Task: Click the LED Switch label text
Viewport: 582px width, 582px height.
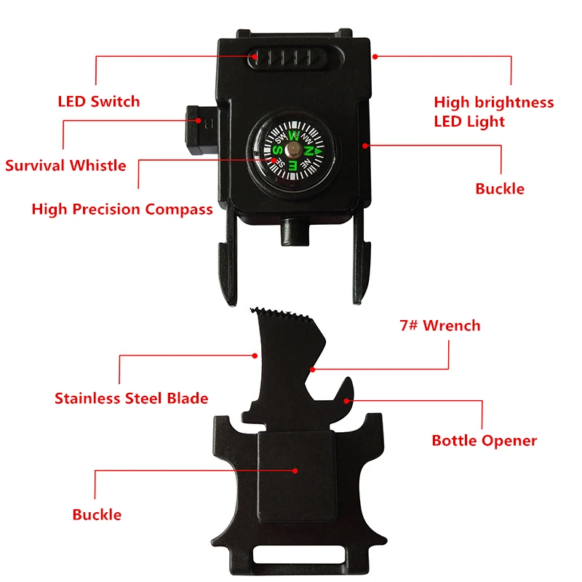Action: coord(98,101)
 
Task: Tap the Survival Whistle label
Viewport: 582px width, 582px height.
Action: coord(65,165)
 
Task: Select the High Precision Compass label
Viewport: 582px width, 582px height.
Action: coord(122,210)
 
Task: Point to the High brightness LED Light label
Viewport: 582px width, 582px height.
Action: coord(493,111)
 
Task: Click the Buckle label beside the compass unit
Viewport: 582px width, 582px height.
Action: coord(500,189)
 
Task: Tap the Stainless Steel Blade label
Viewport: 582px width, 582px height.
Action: coord(131,398)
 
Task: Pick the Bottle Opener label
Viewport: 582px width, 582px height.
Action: coord(484,440)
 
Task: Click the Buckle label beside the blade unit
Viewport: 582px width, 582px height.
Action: coord(97,514)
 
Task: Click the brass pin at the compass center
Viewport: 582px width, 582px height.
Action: coord(290,149)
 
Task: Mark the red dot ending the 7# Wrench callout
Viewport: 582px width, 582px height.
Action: coord(312,369)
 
